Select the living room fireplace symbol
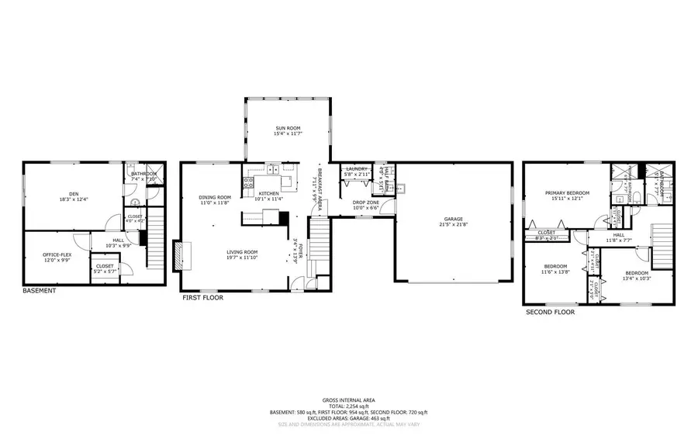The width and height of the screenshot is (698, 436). (x=180, y=255)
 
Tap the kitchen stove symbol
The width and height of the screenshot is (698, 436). (x=248, y=184)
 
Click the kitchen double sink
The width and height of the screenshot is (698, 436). (x=272, y=168)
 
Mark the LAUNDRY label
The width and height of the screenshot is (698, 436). (x=356, y=168)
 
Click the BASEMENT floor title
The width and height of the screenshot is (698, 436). (x=39, y=291)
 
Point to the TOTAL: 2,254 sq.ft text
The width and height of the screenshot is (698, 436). (x=348, y=406)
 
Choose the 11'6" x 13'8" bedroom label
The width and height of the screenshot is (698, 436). (x=555, y=269)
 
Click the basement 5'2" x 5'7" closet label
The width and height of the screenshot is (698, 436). (x=105, y=268)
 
